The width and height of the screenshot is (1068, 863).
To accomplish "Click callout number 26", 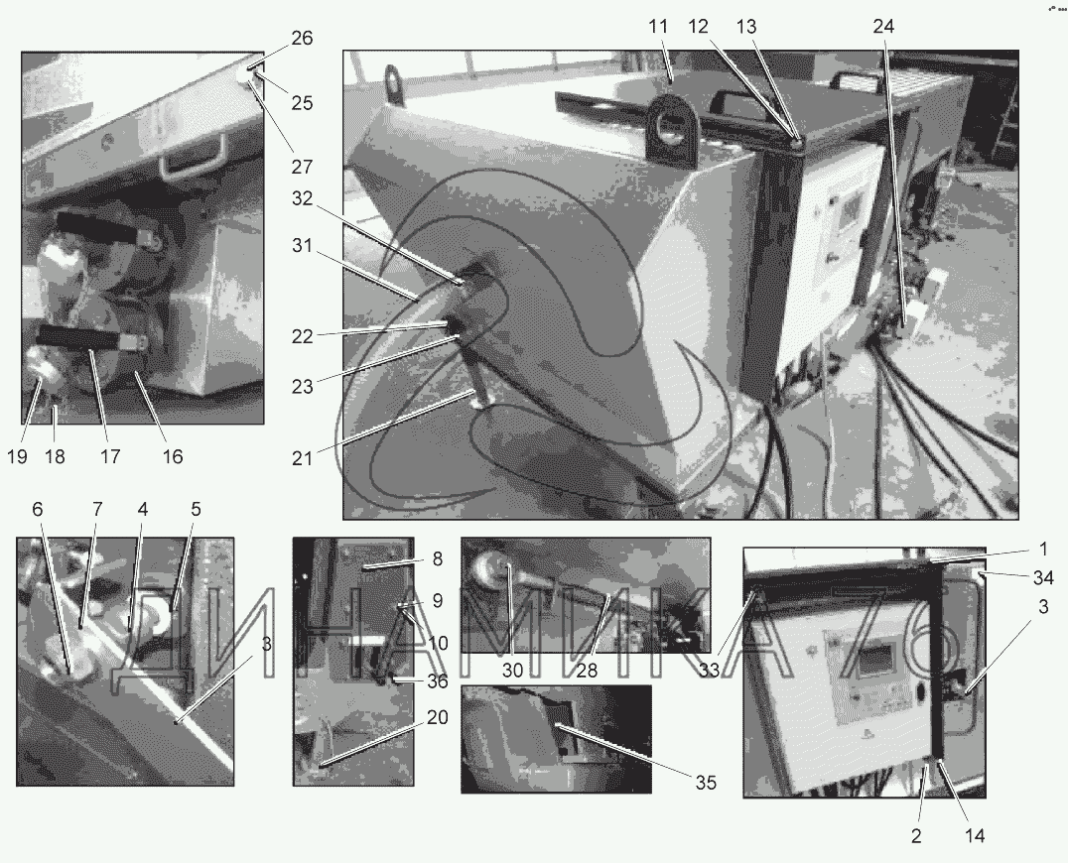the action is pos(302,38).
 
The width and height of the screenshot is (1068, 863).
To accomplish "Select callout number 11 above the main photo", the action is pos(658,27).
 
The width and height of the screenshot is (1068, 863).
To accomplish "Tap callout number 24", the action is pos(883,27).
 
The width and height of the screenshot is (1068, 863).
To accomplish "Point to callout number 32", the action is pos(302,198).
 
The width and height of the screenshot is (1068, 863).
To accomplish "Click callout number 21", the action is pos(302,458).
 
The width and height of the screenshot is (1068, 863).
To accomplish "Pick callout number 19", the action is pos(17,456).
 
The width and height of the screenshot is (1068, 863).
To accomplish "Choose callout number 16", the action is pos(173,456).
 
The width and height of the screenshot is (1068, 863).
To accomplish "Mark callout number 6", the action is pos(38,509).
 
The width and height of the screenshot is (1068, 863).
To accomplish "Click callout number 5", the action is pos(197,509).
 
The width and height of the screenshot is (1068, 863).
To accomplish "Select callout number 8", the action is pos(438,558).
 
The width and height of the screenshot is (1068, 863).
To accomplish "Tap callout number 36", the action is pos(438,680).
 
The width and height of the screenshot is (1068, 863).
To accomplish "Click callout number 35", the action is pos(707,783).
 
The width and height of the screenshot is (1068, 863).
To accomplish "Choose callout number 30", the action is pos(512,671).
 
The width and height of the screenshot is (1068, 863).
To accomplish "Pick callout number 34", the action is pos(1043,578).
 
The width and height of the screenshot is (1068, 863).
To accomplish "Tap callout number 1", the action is pos(1043,549).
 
